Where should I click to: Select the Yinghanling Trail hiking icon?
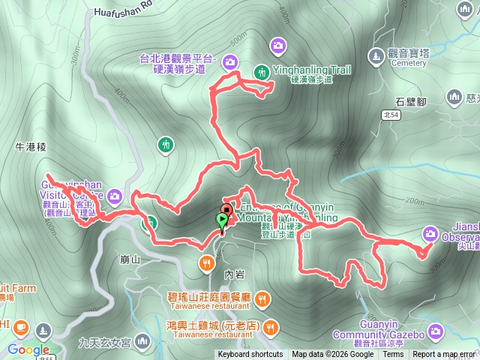[x=262, y=72]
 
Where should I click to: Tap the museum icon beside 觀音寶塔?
[x=376, y=55]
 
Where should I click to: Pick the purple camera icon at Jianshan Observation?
[x=430, y=233]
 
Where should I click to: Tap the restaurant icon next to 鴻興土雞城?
[x=271, y=326]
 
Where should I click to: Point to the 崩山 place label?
[x=130, y=259]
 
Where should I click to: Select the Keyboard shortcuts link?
[x=250, y=355]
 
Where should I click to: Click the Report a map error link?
[x=444, y=355]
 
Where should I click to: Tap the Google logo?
[x=28, y=349]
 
